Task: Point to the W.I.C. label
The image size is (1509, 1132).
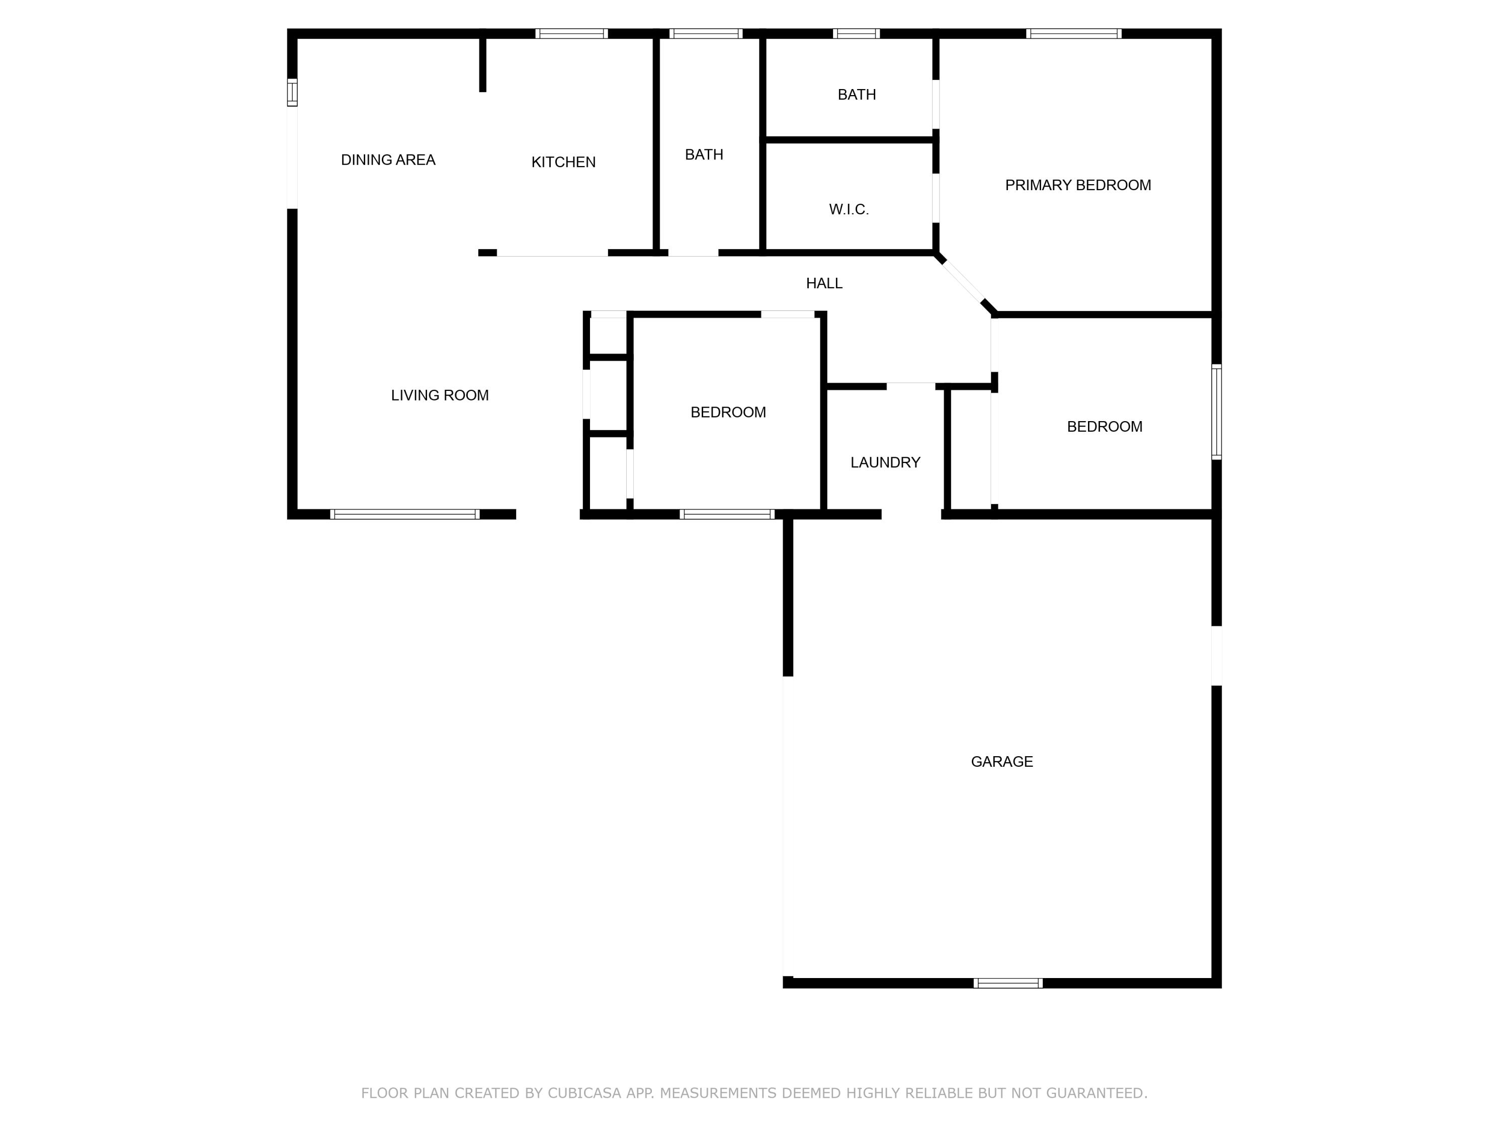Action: (x=849, y=209)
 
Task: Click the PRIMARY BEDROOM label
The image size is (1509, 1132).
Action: (x=1077, y=185)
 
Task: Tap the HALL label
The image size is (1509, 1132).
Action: (x=823, y=283)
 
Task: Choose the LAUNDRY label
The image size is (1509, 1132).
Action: (x=885, y=463)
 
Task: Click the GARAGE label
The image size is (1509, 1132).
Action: (x=1001, y=762)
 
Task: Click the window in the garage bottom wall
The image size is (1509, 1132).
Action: (x=1007, y=983)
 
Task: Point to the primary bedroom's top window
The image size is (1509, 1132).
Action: (x=1073, y=33)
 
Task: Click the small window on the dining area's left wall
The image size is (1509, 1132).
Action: (x=292, y=92)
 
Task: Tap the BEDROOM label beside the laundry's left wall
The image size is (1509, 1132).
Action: (x=727, y=412)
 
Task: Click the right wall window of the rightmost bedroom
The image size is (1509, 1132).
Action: (x=1216, y=412)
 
